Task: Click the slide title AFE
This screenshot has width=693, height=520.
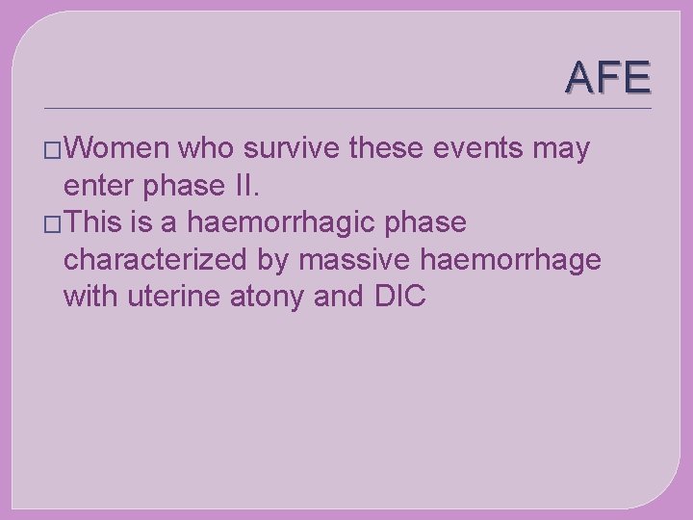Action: click(x=608, y=77)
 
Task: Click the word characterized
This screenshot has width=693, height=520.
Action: click(x=177, y=261)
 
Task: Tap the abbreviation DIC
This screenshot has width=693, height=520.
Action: click(x=397, y=297)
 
